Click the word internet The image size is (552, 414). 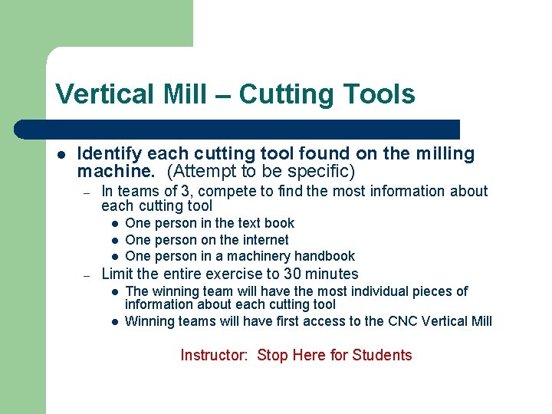(261, 240)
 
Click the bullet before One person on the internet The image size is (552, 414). (113, 240)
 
